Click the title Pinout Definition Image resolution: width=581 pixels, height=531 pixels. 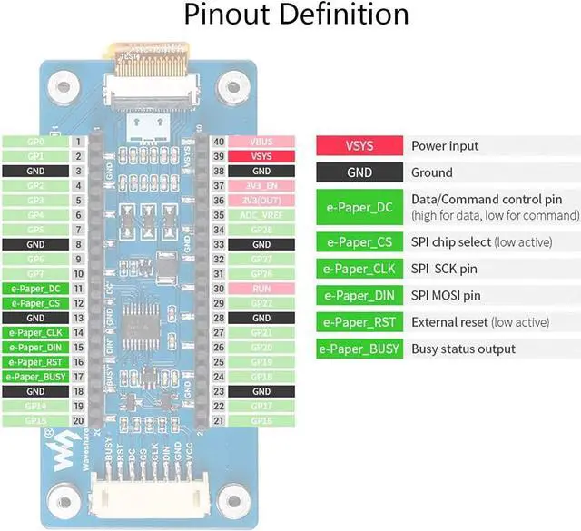(296, 15)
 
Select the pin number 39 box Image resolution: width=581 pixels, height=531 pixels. (218, 156)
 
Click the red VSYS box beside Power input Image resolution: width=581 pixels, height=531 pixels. (359, 146)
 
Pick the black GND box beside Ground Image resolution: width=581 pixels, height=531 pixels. (359, 172)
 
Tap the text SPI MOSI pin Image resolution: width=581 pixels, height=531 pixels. (446, 295)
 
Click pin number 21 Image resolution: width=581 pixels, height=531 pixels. (218, 420)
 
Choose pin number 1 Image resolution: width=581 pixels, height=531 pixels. (79, 142)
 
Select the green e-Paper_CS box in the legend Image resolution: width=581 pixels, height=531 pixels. (359, 242)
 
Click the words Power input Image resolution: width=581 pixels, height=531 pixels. (445, 146)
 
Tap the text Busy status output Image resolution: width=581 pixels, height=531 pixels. (463, 349)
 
